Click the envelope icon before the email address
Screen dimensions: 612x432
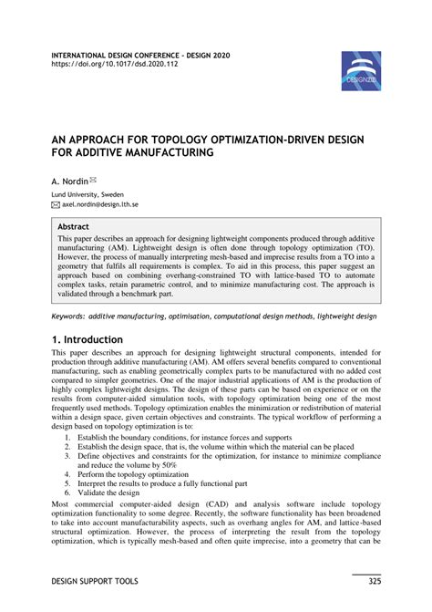coord(56,205)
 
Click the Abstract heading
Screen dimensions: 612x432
coord(75,224)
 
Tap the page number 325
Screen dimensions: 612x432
coord(373,581)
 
